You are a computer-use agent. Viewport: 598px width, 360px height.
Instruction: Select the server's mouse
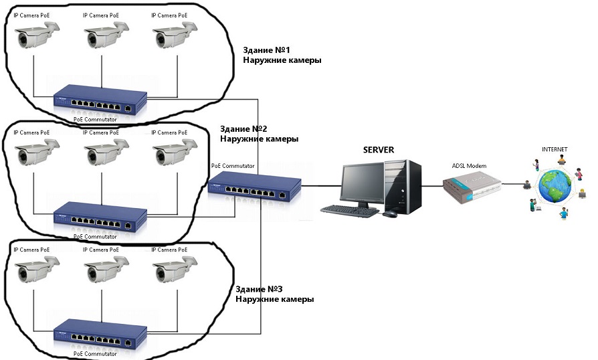[389, 213]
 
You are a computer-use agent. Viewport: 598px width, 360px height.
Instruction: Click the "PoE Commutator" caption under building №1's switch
[95, 119]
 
